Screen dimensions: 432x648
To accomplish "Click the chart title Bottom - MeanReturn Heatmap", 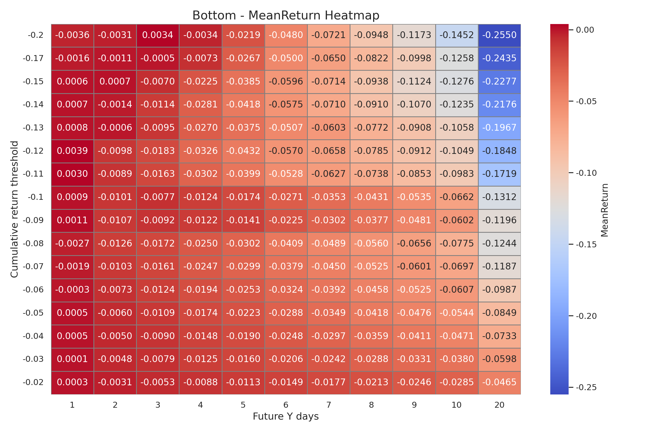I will (286, 15).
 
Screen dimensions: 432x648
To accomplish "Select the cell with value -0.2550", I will (499, 35).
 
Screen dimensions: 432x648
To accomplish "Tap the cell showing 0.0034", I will (158, 35).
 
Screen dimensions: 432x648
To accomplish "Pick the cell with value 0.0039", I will (72, 151).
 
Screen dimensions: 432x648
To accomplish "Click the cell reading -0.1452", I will (457, 35).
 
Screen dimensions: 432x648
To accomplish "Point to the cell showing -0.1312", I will (499, 197).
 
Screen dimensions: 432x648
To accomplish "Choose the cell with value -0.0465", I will (499, 382).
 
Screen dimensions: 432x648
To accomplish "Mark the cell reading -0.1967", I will (499, 128).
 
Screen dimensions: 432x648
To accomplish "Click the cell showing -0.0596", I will (286, 82).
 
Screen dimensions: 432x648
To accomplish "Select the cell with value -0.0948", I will (371, 35).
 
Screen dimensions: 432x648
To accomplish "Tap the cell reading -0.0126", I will (115, 244).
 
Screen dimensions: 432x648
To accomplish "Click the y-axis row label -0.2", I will (36, 35).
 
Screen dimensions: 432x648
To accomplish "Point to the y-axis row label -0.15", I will (33, 82).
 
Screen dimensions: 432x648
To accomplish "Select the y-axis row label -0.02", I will (33, 382).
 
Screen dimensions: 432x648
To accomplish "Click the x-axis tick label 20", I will (499, 405).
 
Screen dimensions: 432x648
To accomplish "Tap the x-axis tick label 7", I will (328, 405).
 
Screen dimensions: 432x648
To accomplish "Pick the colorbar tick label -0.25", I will (586, 388).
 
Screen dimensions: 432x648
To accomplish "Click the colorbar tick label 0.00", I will (585, 30).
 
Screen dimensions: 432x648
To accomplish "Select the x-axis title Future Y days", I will (286, 416).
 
